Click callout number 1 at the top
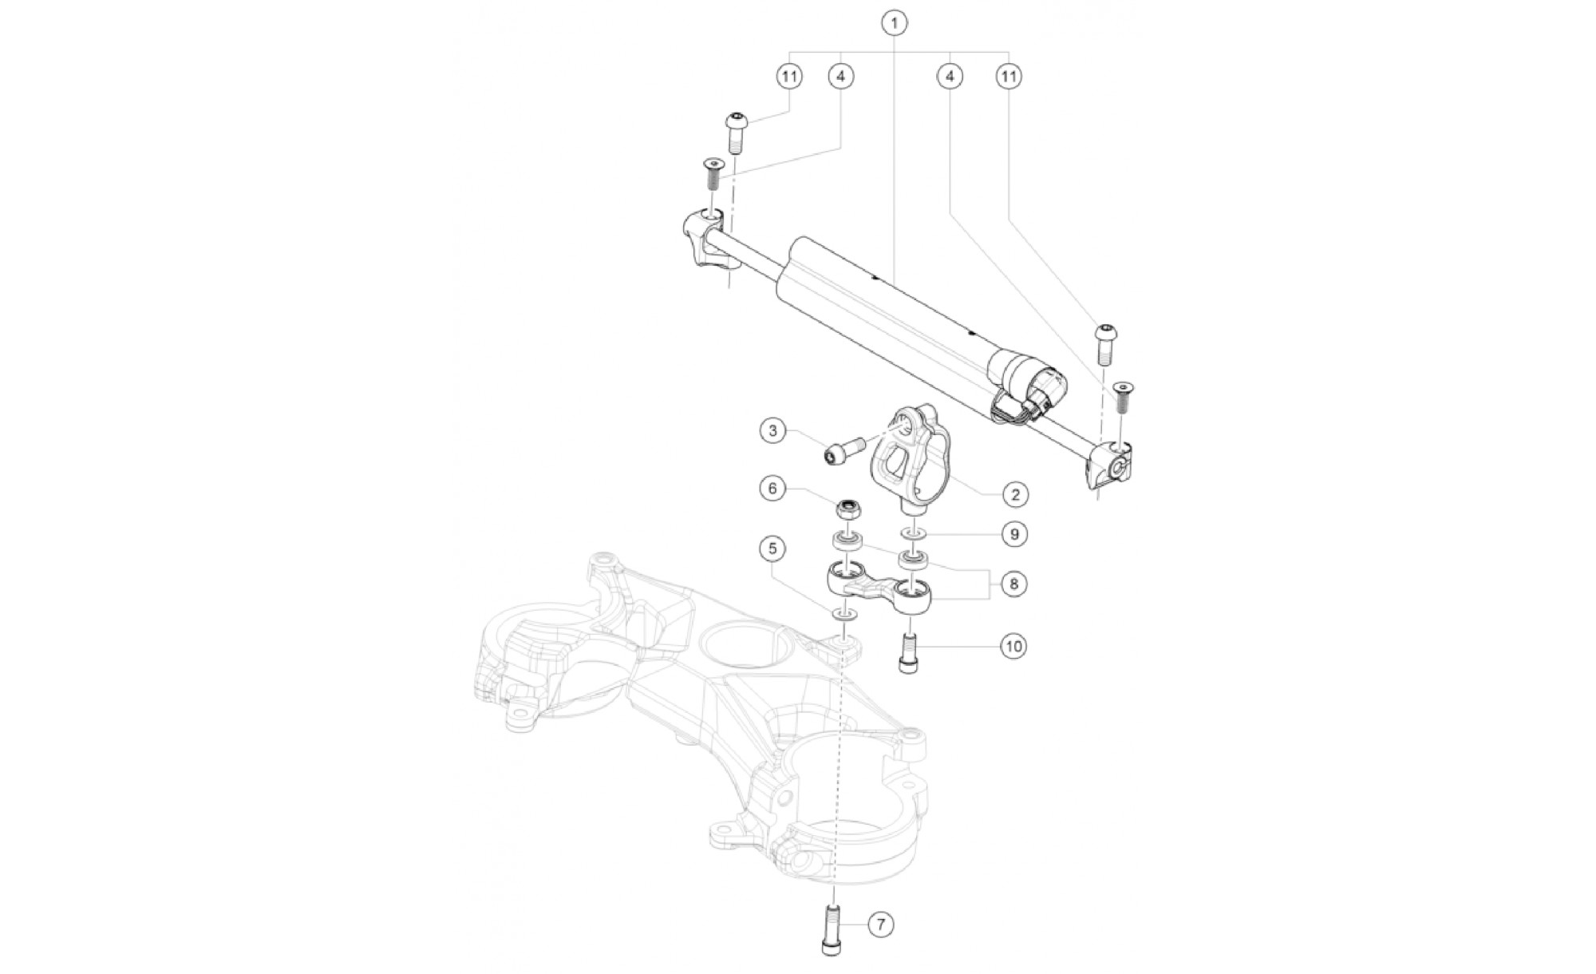[x=895, y=23]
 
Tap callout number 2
[x=1015, y=494]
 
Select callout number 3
[x=772, y=431]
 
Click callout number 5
[x=772, y=548]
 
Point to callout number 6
[x=772, y=488]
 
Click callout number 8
[x=1014, y=584]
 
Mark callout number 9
[x=1014, y=534]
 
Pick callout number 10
[x=1013, y=645]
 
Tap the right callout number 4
[x=950, y=77]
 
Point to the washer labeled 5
[x=846, y=615]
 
